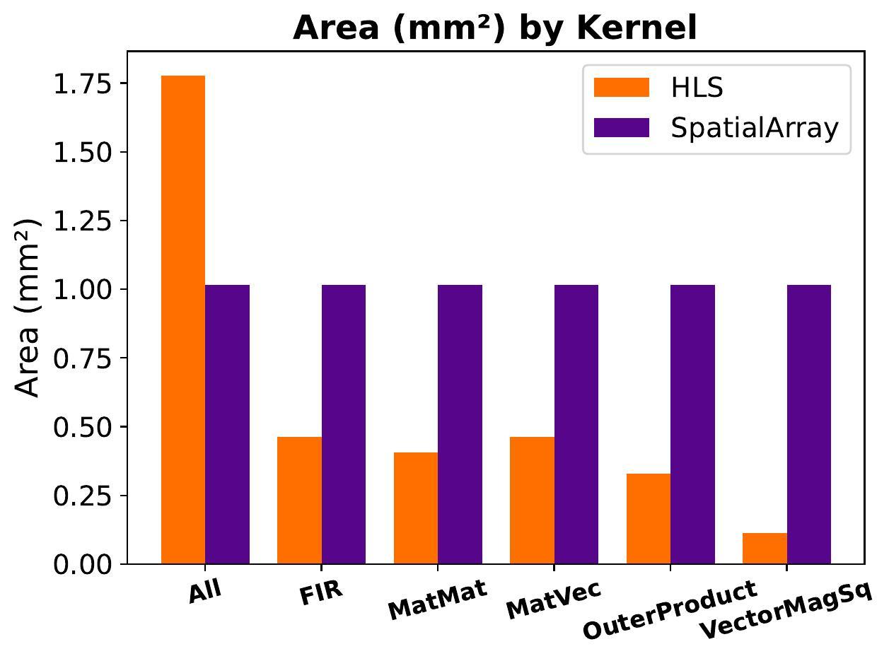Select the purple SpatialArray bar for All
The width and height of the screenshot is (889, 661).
(228, 424)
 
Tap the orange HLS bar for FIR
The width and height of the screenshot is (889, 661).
(299, 501)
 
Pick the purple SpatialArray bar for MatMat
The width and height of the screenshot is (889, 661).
(460, 424)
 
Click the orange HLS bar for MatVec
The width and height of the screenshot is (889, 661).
(532, 501)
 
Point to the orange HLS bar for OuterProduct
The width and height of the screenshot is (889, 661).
(648, 519)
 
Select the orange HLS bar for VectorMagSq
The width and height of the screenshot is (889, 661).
(765, 549)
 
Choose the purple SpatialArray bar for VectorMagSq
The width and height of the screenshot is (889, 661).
(809, 424)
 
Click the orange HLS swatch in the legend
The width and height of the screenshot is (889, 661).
(621, 88)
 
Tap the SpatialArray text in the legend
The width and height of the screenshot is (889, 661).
(755, 128)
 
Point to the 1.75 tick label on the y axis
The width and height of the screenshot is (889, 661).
(82, 83)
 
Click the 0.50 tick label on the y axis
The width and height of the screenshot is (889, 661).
(82, 427)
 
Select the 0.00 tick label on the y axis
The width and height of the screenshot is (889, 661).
(82, 564)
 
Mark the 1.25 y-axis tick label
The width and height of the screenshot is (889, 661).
(82, 221)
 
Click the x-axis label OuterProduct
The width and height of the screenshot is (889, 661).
(669, 609)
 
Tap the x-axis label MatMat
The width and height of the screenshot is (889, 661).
(438, 600)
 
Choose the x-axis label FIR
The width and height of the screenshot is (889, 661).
(321, 592)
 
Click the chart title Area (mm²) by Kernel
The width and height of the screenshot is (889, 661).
(495, 28)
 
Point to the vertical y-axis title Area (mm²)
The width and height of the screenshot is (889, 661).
(28, 308)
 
